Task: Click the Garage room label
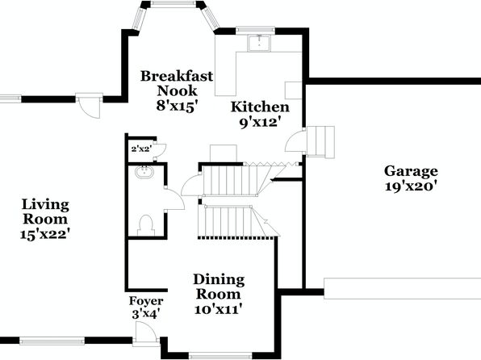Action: pos(411,172)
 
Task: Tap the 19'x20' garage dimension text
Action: pos(411,186)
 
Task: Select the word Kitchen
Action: pos(260,107)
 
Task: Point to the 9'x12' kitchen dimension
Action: pos(260,123)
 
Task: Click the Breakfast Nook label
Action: pos(177,83)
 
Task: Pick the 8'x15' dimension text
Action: pos(176,107)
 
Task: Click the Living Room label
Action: pos(45,211)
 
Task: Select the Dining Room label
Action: pos(219,287)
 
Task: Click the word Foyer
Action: pos(146,301)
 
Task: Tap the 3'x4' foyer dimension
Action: pos(145,314)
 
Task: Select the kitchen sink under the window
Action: pos(259,44)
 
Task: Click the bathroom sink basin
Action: pos(144,172)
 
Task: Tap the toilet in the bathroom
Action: pos(146,225)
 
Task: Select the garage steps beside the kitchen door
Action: pos(321,141)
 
